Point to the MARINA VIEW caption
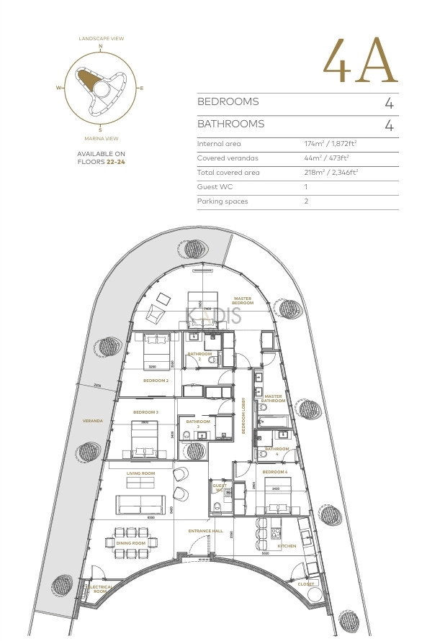click(100, 137)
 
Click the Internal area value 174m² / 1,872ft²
click(331, 144)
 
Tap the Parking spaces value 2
click(306, 201)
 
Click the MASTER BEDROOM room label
click(243, 300)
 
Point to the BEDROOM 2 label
click(156, 381)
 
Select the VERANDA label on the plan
click(92, 421)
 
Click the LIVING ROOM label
click(141, 473)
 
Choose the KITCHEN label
click(287, 546)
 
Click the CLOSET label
click(306, 583)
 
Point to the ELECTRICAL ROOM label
click(99, 589)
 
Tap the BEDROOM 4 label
click(274, 473)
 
